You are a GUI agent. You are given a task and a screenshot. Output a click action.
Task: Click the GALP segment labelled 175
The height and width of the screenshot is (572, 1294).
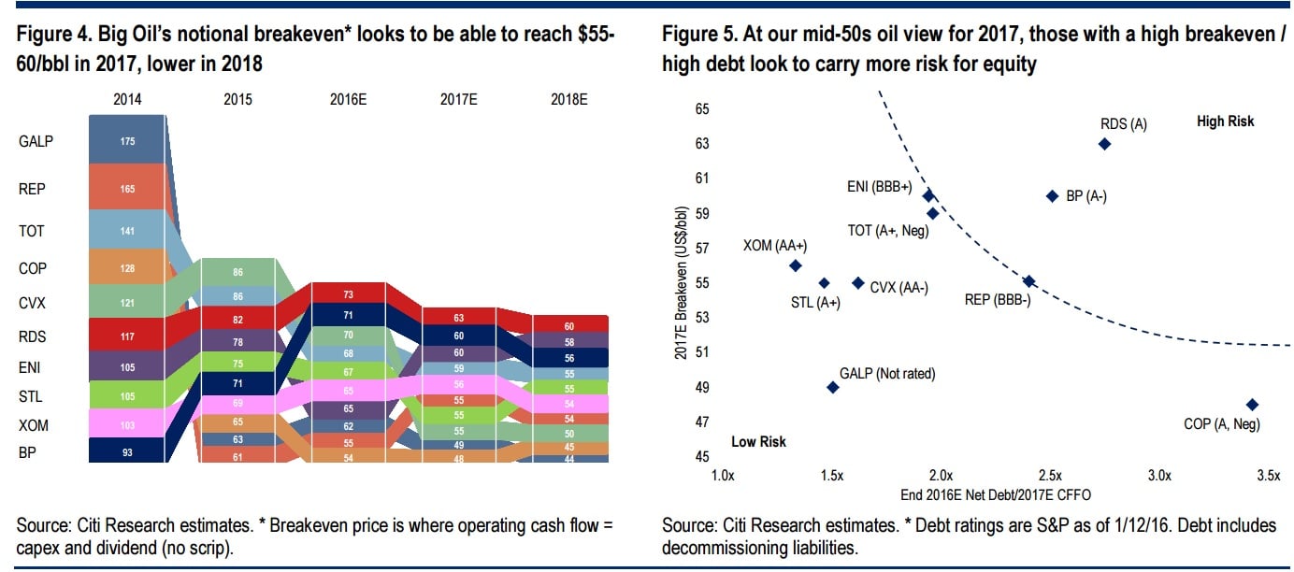click(x=128, y=141)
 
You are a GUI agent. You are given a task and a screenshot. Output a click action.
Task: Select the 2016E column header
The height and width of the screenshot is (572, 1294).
click(x=348, y=98)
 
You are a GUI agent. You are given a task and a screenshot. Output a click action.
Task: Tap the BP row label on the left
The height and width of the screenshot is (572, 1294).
click(x=28, y=452)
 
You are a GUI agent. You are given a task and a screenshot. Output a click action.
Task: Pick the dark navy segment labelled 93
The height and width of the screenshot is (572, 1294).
click(x=128, y=450)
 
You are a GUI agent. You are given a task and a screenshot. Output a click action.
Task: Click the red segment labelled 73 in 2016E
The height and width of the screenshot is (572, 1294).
click(x=348, y=293)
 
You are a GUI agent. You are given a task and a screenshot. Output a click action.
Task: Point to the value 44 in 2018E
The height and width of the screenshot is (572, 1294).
click(x=569, y=458)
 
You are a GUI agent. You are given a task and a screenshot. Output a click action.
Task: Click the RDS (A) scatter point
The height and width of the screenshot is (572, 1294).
click(x=1104, y=144)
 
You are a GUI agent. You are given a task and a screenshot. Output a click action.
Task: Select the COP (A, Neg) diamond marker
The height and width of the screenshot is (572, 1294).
click(x=1252, y=405)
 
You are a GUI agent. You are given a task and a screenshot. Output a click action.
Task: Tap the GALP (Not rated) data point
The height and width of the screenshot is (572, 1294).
click(x=833, y=387)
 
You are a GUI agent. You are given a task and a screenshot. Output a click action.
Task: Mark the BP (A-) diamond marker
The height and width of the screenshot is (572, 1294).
click(x=1052, y=196)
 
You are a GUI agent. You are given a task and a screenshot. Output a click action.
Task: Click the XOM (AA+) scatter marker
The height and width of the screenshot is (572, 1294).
click(x=796, y=265)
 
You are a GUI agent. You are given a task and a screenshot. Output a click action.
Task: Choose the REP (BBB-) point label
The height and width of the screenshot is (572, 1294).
click(x=997, y=300)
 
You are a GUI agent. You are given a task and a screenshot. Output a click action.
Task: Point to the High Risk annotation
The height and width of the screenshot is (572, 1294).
click(x=1225, y=122)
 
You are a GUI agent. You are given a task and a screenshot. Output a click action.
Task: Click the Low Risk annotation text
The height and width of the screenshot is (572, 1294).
click(x=758, y=441)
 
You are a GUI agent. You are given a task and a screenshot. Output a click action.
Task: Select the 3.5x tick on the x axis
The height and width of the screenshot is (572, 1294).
click(x=1268, y=476)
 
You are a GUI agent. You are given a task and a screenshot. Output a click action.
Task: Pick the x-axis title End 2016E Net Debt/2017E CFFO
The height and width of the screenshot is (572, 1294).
click(x=997, y=493)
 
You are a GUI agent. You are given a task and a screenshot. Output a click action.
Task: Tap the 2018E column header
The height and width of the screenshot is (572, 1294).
click(x=569, y=98)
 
